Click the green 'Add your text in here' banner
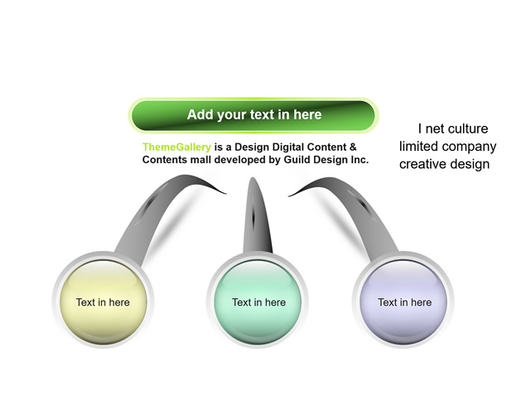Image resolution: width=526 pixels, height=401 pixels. (253, 115)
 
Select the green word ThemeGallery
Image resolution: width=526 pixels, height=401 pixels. (176, 147)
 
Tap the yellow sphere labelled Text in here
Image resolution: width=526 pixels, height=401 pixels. (103, 302)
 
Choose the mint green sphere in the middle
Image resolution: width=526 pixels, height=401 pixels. (258, 302)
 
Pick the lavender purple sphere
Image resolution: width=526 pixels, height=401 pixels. (403, 302)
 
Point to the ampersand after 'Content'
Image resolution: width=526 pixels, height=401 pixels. (353, 147)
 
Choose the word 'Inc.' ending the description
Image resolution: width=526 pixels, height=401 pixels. (360, 159)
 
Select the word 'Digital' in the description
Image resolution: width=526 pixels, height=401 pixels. (287, 147)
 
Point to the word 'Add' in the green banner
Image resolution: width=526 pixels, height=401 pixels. (200, 114)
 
